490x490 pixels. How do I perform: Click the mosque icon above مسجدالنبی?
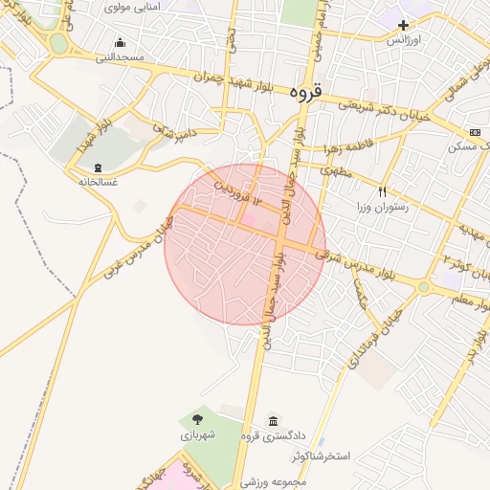[x=120, y=42]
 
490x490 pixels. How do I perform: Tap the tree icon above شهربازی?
[x=197, y=419]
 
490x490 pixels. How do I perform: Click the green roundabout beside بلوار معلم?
[x=423, y=286]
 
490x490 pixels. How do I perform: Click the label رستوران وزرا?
[x=383, y=207]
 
